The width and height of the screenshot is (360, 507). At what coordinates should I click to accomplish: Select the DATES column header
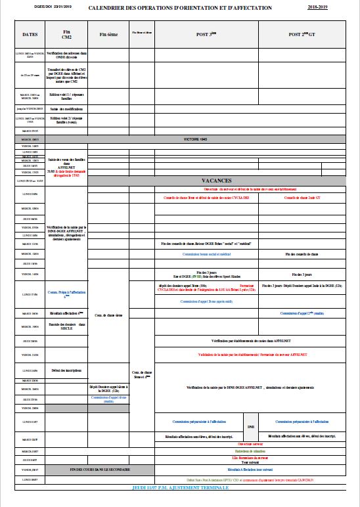[x=30, y=33]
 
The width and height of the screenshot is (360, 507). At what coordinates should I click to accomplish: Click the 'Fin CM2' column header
[x=66, y=33]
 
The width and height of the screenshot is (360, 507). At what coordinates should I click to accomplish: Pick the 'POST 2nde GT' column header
[x=305, y=33]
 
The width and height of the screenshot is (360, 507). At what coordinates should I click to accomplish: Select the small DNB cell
[x=250, y=426]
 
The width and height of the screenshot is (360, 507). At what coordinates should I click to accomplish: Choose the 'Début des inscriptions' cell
[x=66, y=370]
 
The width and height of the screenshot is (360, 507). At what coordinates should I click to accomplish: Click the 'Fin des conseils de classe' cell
[x=305, y=253]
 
